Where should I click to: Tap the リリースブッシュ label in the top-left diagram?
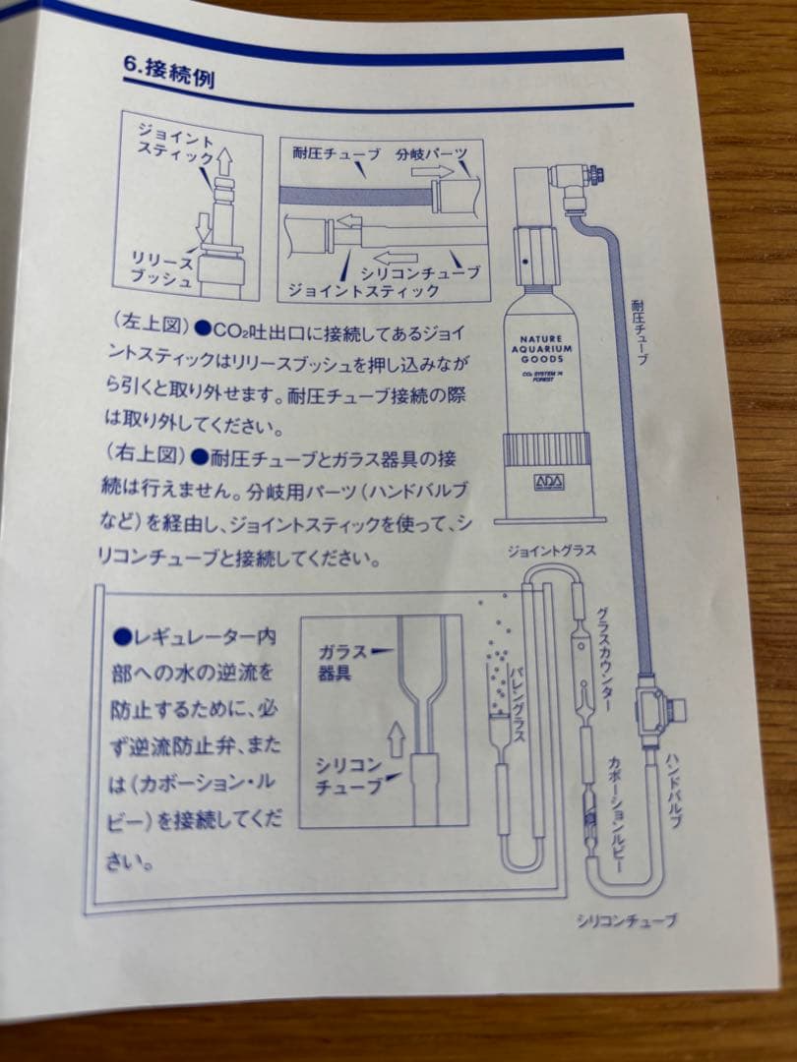click(x=163, y=268)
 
